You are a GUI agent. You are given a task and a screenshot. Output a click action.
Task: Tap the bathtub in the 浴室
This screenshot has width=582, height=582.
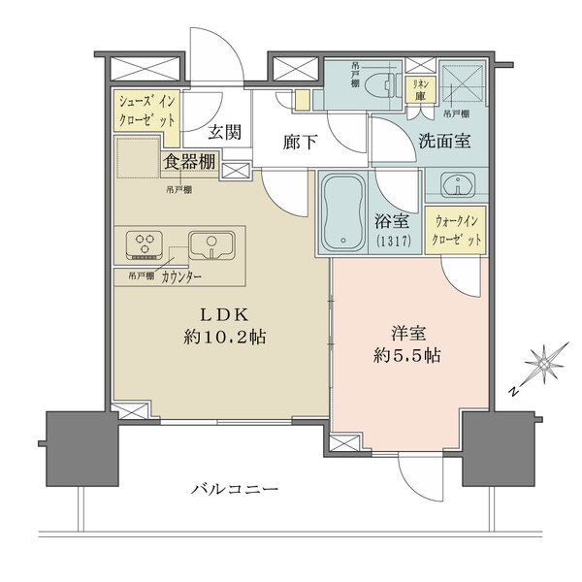coord(341,212)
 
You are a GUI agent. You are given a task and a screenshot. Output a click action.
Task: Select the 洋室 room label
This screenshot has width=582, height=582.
coord(401,330)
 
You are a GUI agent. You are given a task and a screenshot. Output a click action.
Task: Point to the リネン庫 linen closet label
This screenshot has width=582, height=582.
coord(421,89)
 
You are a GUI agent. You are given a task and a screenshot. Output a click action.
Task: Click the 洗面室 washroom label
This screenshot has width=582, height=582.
coord(444,141)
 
